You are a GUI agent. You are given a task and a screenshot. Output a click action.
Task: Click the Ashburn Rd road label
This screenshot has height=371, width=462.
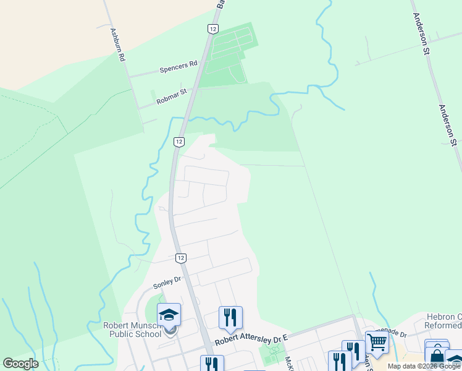tap(118, 44)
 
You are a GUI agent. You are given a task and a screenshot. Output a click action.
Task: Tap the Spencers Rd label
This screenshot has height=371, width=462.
tap(178, 66)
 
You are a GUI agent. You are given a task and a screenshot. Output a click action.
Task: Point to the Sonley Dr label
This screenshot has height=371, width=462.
tap(167, 283)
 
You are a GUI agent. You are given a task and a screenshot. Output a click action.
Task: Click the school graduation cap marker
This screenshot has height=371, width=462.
tap(169, 315)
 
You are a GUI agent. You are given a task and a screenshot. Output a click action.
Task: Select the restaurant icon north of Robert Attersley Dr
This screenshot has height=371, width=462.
tap(230, 318)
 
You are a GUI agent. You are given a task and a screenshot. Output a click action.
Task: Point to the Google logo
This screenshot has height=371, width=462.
tap(20, 364)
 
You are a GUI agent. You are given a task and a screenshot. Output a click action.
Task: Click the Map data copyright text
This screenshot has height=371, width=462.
tap(424, 366)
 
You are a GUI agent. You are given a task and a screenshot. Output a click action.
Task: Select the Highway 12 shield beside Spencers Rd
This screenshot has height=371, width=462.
tap(212, 29)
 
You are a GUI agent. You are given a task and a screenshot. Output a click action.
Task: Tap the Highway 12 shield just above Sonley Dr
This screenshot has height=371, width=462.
tap(180, 257)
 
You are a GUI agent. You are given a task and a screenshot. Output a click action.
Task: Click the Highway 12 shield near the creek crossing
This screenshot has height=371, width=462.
tap(178, 142)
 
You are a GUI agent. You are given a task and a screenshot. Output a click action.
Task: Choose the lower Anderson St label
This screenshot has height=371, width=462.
tap(447, 124)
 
